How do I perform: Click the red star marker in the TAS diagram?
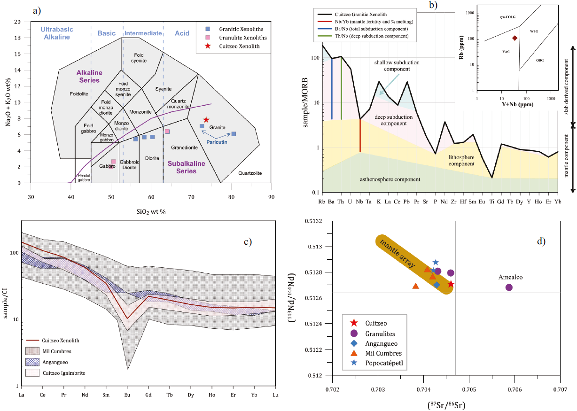(x=206, y=120)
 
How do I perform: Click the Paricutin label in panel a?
(x=217, y=139)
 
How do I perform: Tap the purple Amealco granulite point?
(x=509, y=287)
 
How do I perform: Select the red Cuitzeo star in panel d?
(x=451, y=284)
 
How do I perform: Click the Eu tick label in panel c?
(x=127, y=395)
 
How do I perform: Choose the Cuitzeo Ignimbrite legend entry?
(x=59, y=372)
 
